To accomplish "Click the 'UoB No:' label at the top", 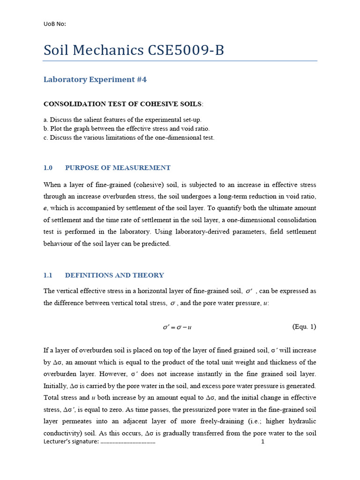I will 55,24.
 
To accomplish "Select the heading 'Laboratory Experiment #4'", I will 95,80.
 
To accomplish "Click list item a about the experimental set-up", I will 122,120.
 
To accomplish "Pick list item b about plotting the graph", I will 127,129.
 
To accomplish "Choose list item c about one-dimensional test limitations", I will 129,138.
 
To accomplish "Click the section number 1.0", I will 48,168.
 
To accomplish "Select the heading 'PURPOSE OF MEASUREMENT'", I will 118,168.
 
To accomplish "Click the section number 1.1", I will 48,276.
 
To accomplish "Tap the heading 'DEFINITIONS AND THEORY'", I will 114,276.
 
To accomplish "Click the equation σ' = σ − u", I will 177,327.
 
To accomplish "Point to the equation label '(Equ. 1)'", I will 304,327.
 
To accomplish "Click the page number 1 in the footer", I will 263,442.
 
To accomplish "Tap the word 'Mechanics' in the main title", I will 107,50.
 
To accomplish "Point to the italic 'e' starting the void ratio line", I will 45,208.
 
